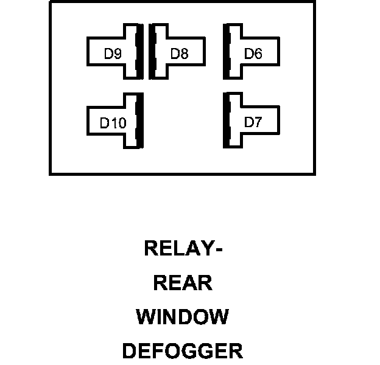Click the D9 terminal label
click(x=113, y=54)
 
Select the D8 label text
click(x=179, y=54)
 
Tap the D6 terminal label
click(x=253, y=54)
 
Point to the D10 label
click(x=113, y=123)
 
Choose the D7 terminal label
click(x=253, y=122)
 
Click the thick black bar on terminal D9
click(x=140, y=52)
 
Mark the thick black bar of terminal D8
click(x=152, y=52)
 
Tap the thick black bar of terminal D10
click(x=140, y=120)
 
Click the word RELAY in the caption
click(x=177, y=248)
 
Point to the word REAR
click(x=183, y=283)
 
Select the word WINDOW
click(x=183, y=317)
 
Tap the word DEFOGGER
click(x=183, y=351)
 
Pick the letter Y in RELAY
click(x=205, y=248)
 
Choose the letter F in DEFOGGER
click(x=157, y=351)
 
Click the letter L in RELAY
click(x=177, y=248)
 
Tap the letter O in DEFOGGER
click(x=172, y=351)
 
